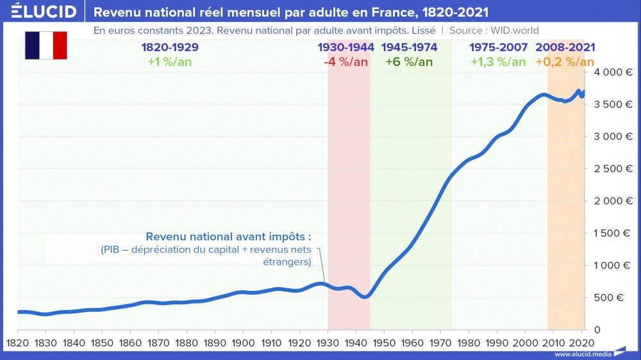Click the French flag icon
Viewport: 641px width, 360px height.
pos(46,45)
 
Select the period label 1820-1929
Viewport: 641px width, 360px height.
pos(169,47)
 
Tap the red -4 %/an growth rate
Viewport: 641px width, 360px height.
pos(345,62)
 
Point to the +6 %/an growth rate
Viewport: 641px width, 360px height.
pos(409,62)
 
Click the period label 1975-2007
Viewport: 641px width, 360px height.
pos(498,47)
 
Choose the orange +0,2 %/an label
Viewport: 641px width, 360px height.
pos(565,62)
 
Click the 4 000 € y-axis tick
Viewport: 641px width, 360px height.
pos(610,72)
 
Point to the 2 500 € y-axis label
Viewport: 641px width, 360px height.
pos(610,169)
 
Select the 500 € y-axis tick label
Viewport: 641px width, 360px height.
pos(612,297)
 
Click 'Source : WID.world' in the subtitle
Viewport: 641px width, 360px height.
pos(494,30)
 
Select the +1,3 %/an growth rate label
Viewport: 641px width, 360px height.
pos(498,62)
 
